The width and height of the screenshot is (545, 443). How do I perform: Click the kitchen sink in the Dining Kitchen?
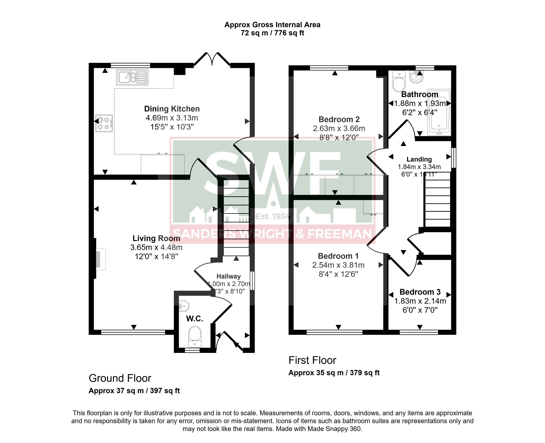pos(132,77)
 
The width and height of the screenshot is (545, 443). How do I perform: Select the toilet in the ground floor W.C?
pos(195,337)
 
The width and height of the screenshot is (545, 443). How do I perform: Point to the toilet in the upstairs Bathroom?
pos(399,81)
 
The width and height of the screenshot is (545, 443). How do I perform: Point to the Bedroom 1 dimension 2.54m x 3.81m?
pos(338,265)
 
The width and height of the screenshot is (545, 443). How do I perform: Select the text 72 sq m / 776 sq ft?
pos(272,33)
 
